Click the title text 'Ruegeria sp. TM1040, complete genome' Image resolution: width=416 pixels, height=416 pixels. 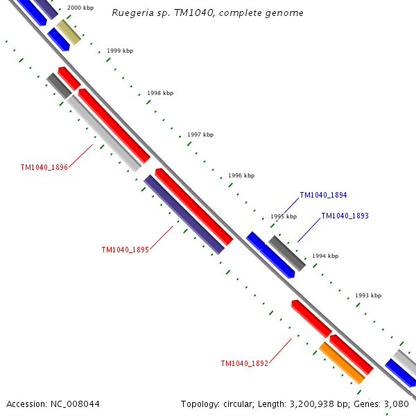207,13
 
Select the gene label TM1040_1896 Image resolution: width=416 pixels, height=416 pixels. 44,167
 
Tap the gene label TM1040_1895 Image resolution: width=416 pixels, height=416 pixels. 125,250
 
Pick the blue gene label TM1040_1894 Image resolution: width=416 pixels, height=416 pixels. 323,196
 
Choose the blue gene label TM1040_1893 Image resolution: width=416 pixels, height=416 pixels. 345,216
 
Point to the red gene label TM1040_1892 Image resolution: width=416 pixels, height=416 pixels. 244,363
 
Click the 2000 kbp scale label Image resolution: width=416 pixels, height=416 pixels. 80,8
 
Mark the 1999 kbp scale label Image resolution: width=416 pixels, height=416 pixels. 120,51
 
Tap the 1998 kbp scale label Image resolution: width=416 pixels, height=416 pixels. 160,93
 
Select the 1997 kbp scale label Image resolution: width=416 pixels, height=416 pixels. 200,135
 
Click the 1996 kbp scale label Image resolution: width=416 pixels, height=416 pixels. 241,175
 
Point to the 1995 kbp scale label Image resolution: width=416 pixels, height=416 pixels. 284,216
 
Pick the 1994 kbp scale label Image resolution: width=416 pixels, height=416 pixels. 325,256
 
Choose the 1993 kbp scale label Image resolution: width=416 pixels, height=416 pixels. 368,295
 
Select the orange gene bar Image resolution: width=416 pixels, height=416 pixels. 342,363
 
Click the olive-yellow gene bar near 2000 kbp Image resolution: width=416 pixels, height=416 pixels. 69,32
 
